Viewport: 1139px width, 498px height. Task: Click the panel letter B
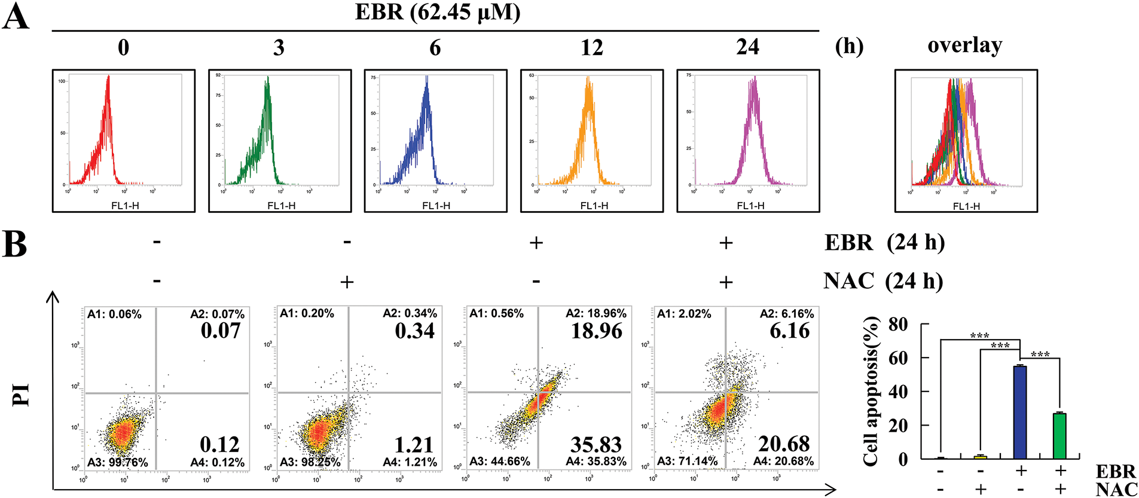point(15,245)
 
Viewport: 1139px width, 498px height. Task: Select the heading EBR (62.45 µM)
point(437,12)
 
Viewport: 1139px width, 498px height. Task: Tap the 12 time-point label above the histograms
point(591,47)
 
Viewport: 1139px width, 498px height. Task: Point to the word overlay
point(964,45)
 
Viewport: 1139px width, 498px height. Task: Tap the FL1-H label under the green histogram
point(281,206)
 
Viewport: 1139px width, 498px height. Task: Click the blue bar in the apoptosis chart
point(1020,412)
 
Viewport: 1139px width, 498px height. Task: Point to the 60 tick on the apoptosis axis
point(898,358)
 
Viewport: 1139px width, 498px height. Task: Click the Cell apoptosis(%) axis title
point(871,392)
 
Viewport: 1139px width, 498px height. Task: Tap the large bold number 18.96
point(596,331)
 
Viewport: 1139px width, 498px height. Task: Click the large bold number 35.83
point(596,444)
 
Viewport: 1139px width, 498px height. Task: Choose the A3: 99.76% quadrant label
point(118,462)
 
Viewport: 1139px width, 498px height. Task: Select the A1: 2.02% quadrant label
point(684,314)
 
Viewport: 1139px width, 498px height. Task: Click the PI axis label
point(22,395)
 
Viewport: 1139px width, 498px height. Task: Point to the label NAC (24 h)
point(883,280)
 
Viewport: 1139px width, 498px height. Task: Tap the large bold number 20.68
point(784,444)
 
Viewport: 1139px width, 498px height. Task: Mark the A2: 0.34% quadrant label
point(410,314)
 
